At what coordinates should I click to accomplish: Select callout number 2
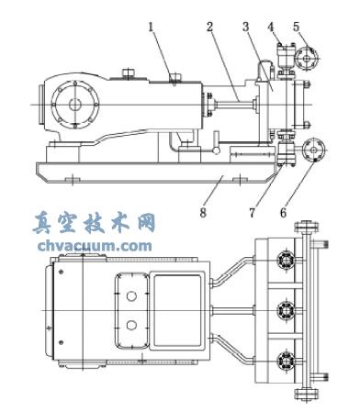(x=210, y=28)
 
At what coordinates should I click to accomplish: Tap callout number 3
(x=245, y=28)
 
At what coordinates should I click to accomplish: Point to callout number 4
(x=271, y=28)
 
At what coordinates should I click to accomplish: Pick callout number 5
(x=297, y=28)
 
